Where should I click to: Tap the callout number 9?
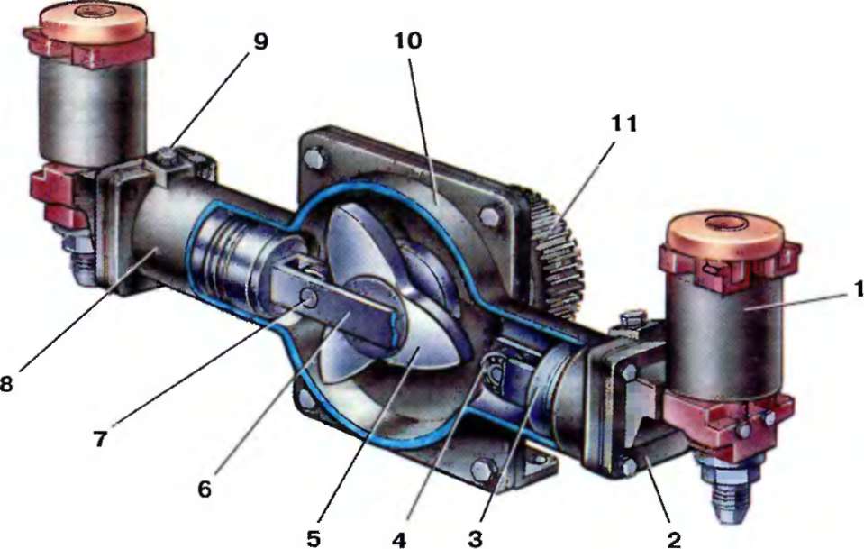[x=260, y=41]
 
